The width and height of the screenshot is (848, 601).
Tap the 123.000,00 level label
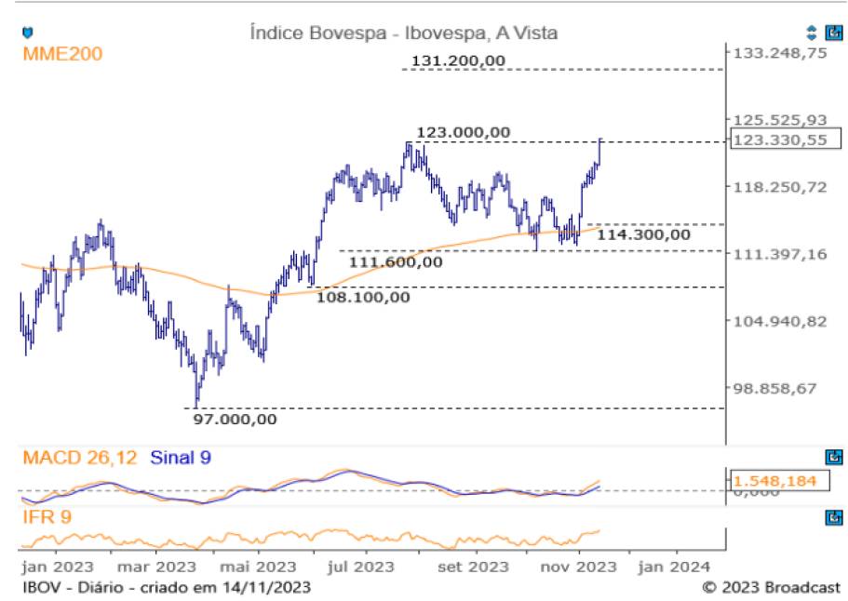pyautogui.click(x=464, y=132)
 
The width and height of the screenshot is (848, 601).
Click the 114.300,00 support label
pyautogui.click(x=644, y=234)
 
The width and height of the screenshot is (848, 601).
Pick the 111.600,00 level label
pyautogui.click(x=396, y=262)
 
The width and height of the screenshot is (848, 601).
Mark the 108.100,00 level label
pyautogui.click(x=363, y=298)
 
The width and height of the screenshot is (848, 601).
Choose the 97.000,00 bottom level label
pyautogui.click(x=235, y=419)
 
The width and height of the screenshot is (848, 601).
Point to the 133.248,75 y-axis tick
pyautogui.click(x=780, y=53)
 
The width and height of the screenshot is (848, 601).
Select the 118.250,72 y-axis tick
pyautogui.click(x=780, y=187)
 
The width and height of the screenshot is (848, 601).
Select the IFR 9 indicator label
pyautogui.click(x=47, y=516)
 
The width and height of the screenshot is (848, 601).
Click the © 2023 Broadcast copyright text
pyautogui.click(x=771, y=588)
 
